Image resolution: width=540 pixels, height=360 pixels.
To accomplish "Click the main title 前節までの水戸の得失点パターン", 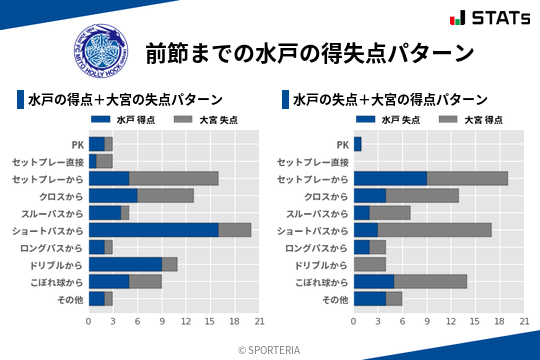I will [309, 52].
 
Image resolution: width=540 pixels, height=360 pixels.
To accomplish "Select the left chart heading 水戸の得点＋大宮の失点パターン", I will [125, 100].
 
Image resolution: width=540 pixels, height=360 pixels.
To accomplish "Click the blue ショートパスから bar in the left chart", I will [153, 230].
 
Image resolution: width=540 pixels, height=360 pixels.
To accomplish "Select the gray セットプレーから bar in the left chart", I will [174, 178].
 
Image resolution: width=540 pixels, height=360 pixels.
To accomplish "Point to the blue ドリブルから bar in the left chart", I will [125, 264].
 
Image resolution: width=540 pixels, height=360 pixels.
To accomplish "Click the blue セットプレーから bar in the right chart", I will [390, 178].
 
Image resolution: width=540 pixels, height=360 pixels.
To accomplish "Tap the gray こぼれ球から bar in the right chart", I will [430, 281].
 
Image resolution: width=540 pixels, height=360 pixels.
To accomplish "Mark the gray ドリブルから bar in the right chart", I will [370, 264].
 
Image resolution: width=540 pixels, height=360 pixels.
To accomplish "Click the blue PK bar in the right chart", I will [357, 144].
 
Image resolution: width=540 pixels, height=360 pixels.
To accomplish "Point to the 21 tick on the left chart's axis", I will [259, 322].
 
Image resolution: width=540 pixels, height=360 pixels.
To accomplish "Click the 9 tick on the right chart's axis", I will [427, 322].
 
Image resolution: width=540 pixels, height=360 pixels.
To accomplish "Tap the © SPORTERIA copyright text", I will [270, 349].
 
